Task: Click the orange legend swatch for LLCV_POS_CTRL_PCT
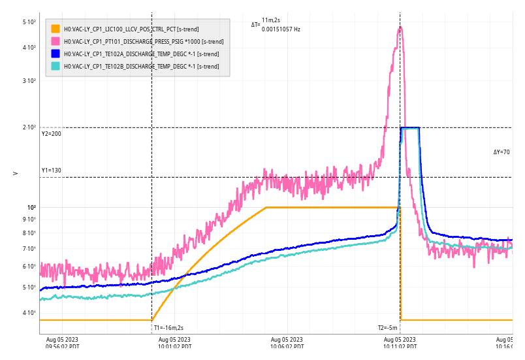pos(56,29)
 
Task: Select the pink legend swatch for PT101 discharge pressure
pos(56,41)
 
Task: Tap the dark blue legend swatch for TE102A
pos(56,54)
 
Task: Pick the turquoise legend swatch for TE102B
pos(56,66)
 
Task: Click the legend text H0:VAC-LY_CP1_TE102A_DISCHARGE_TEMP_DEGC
pos(141,54)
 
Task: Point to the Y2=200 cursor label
pos(51,134)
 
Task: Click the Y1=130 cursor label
pos(51,171)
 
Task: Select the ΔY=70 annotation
pos(501,152)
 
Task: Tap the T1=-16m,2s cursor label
pos(168,328)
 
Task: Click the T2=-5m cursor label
pos(388,328)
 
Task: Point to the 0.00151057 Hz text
pos(281,29)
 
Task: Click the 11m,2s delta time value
pos(271,20)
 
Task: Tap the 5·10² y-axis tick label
pos(29,22)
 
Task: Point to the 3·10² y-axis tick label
pos(29,81)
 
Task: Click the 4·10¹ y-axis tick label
pos(29,313)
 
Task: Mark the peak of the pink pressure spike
pos(400,27)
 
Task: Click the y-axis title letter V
pos(16,173)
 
